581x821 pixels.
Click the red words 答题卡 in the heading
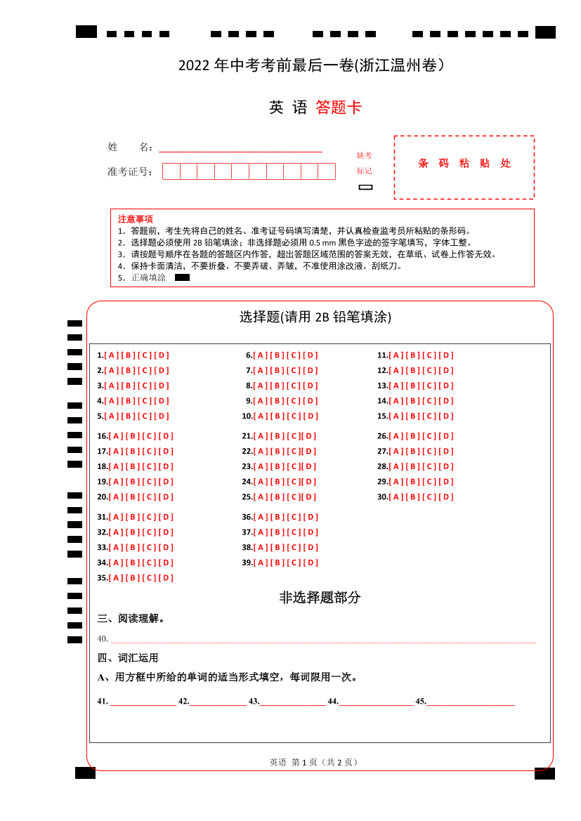[339, 107]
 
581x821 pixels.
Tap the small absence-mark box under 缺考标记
[365, 187]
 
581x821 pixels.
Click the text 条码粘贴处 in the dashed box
[464, 164]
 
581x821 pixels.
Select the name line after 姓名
[240, 147]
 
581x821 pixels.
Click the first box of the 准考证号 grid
[171, 171]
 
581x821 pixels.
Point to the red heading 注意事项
[136, 219]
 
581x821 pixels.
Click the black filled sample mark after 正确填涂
[182, 277]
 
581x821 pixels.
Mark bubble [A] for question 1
[112, 355]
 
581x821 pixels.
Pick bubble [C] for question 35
[150, 578]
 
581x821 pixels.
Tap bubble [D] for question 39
[311, 563]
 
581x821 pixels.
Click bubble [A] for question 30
[396, 497]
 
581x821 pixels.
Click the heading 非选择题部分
[320, 598]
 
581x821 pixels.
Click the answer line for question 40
[323, 639]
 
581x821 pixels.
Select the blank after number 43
[293, 701]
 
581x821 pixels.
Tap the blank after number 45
[470, 701]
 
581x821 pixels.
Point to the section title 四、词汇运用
[128, 658]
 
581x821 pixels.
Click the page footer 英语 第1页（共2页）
[315, 762]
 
